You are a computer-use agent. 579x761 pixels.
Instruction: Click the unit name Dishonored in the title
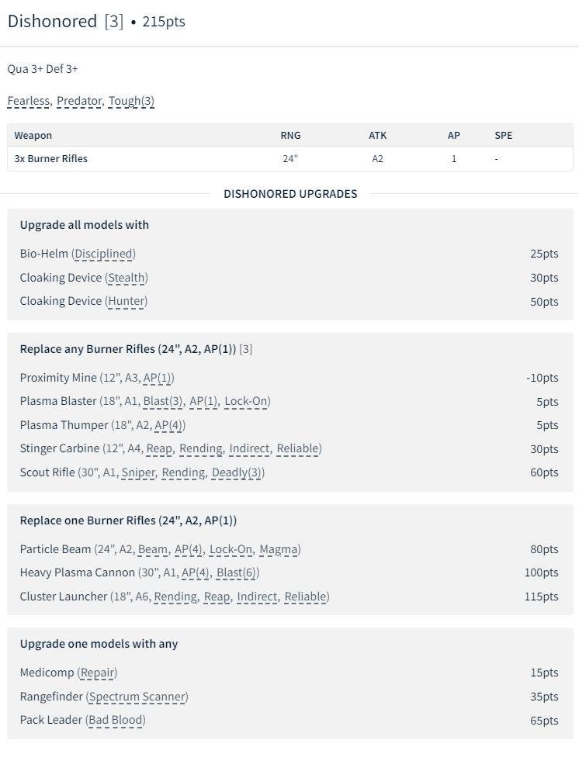[52, 21]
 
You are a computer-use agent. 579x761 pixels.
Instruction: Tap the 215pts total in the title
[164, 22]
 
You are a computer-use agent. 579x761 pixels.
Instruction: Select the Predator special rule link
[78, 101]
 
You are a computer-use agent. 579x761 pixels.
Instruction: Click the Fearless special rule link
[29, 101]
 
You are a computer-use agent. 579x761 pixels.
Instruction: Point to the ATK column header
[377, 135]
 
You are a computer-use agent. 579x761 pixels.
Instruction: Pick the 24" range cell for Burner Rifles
[290, 158]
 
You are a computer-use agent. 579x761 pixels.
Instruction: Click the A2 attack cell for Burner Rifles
[377, 158]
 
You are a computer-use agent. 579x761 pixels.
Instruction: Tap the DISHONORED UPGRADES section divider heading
[290, 194]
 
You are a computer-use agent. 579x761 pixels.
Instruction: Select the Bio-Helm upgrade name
[44, 254]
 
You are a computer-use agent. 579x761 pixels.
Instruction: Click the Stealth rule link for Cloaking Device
[127, 278]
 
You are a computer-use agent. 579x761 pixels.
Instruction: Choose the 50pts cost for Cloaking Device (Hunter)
[544, 301]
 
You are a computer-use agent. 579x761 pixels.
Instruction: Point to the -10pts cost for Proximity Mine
[542, 378]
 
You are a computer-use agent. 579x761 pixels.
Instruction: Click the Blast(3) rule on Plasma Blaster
[164, 402]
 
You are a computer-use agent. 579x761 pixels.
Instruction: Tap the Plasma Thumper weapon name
[64, 425]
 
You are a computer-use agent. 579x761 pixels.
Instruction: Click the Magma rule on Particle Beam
[279, 549]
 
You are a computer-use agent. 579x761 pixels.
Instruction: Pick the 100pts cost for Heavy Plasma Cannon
[541, 573]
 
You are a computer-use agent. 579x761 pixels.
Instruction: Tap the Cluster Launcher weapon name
[64, 597]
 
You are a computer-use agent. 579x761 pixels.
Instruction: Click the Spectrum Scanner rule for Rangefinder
[137, 697]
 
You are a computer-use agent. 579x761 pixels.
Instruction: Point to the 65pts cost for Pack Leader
[544, 720]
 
